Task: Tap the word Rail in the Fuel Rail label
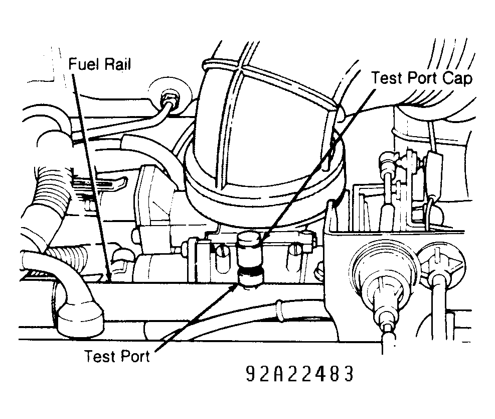(x=118, y=64)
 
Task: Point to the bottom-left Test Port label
(x=117, y=356)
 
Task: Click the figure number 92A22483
(x=299, y=374)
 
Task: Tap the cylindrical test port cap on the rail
(x=249, y=248)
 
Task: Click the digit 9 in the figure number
(x=251, y=374)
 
